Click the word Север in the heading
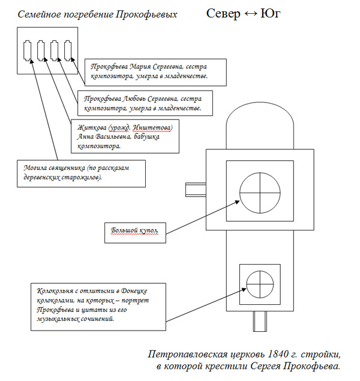click(x=223, y=14)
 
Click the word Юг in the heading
click(x=271, y=14)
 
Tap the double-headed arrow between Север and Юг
click(x=250, y=14)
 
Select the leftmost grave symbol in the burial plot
click(x=27, y=51)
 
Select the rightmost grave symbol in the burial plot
click(x=68, y=51)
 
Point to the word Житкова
click(x=92, y=127)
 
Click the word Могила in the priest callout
click(x=35, y=168)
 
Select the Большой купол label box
click(x=136, y=233)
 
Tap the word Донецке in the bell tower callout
click(x=134, y=291)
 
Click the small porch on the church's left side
click(x=196, y=190)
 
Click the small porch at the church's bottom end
click(x=260, y=321)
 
